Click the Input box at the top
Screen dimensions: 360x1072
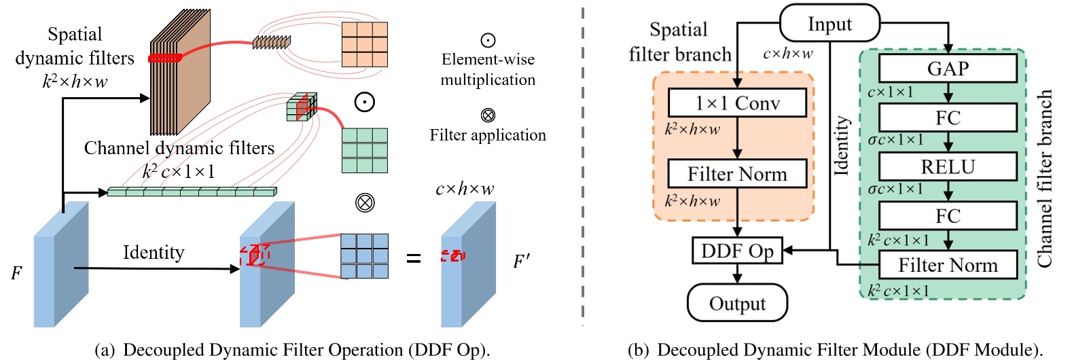[x=829, y=24]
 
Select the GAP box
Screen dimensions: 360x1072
[x=948, y=68]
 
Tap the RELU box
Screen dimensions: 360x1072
[x=948, y=166]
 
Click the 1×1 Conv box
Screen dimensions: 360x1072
[x=737, y=103]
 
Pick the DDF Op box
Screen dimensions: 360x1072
[x=737, y=251]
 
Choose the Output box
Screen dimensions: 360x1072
[x=737, y=303]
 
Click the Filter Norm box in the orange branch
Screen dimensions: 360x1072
[x=737, y=174]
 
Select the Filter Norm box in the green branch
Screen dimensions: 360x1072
[x=948, y=265]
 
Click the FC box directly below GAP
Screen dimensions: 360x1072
[x=948, y=118]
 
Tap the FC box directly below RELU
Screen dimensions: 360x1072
[x=948, y=216]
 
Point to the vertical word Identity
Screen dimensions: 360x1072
[x=842, y=145]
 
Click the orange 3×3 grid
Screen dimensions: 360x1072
[x=365, y=44]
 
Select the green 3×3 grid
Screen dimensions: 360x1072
[x=365, y=150]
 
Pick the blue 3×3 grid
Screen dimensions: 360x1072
[x=365, y=256]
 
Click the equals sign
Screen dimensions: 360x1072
[x=413, y=258]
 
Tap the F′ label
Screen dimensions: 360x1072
[x=522, y=262]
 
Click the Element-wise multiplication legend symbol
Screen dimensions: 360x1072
[x=488, y=40]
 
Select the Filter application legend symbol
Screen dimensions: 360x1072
[x=488, y=115]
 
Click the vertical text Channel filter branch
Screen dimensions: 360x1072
[x=1044, y=178]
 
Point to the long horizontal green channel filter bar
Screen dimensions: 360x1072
[x=192, y=192]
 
